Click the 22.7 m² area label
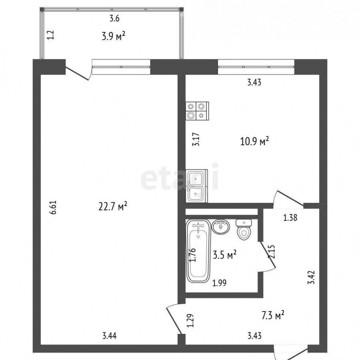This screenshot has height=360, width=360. pyautogui.click(x=113, y=206)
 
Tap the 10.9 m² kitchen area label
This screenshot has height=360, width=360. pyautogui.click(x=254, y=141)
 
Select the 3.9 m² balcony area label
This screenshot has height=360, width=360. pyautogui.click(x=114, y=36)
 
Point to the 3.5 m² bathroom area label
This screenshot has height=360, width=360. pyautogui.click(x=225, y=255)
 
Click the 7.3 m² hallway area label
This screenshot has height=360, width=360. pyautogui.click(x=273, y=316)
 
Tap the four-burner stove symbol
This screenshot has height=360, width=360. pyautogui.click(x=197, y=111)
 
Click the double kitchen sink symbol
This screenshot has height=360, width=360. pyautogui.click(x=196, y=186)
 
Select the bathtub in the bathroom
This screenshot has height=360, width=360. pyautogui.click(x=198, y=251)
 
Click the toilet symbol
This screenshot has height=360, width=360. pyautogui.click(x=244, y=230)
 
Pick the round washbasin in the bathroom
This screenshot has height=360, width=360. pyautogui.click(x=221, y=227)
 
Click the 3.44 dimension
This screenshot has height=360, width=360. pyautogui.click(x=109, y=336)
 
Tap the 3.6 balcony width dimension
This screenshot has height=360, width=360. pyautogui.click(x=114, y=18)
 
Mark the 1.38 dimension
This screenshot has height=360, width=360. pyautogui.click(x=290, y=218)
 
